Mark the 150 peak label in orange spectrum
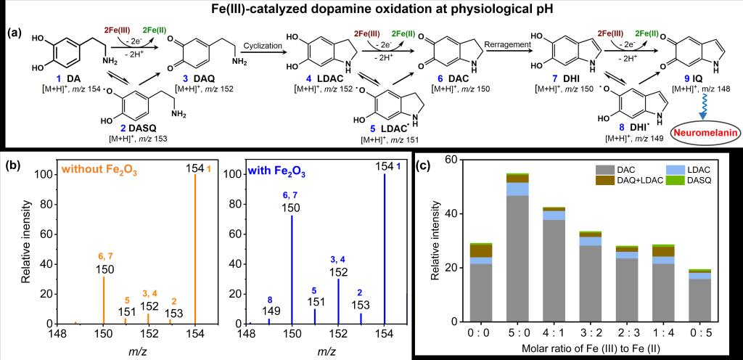pos(104,269)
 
